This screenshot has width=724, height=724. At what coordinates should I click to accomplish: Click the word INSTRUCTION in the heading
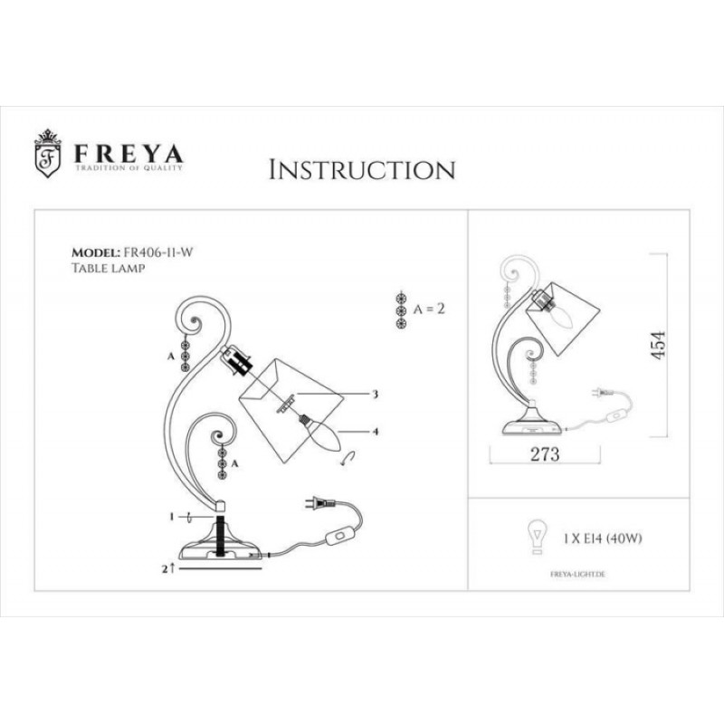(362, 170)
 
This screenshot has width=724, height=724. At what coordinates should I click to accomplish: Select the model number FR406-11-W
(157, 252)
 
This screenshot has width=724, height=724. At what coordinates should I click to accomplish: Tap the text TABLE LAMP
(108, 268)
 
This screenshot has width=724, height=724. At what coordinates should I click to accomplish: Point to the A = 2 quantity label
(429, 309)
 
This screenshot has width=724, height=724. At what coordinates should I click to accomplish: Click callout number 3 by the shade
(375, 394)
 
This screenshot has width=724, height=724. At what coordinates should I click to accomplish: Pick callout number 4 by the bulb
(376, 432)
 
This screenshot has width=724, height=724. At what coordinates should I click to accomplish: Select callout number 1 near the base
(171, 517)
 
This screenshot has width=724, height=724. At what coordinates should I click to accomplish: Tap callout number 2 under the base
(165, 569)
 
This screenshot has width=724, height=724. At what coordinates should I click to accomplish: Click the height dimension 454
(658, 345)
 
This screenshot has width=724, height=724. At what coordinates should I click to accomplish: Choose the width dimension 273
(545, 454)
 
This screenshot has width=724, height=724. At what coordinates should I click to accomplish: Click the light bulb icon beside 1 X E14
(537, 537)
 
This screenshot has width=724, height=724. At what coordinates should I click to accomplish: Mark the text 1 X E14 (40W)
(602, 538)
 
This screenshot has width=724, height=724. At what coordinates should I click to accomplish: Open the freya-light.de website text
(577, 575)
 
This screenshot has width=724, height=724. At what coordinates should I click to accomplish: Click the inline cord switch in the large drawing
(340, 537)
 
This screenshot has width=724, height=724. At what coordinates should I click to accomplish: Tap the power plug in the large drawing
(319, 502)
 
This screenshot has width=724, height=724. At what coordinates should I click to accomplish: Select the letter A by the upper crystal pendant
(171, 357)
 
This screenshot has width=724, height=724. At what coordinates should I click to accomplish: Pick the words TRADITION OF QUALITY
(129, 167)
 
